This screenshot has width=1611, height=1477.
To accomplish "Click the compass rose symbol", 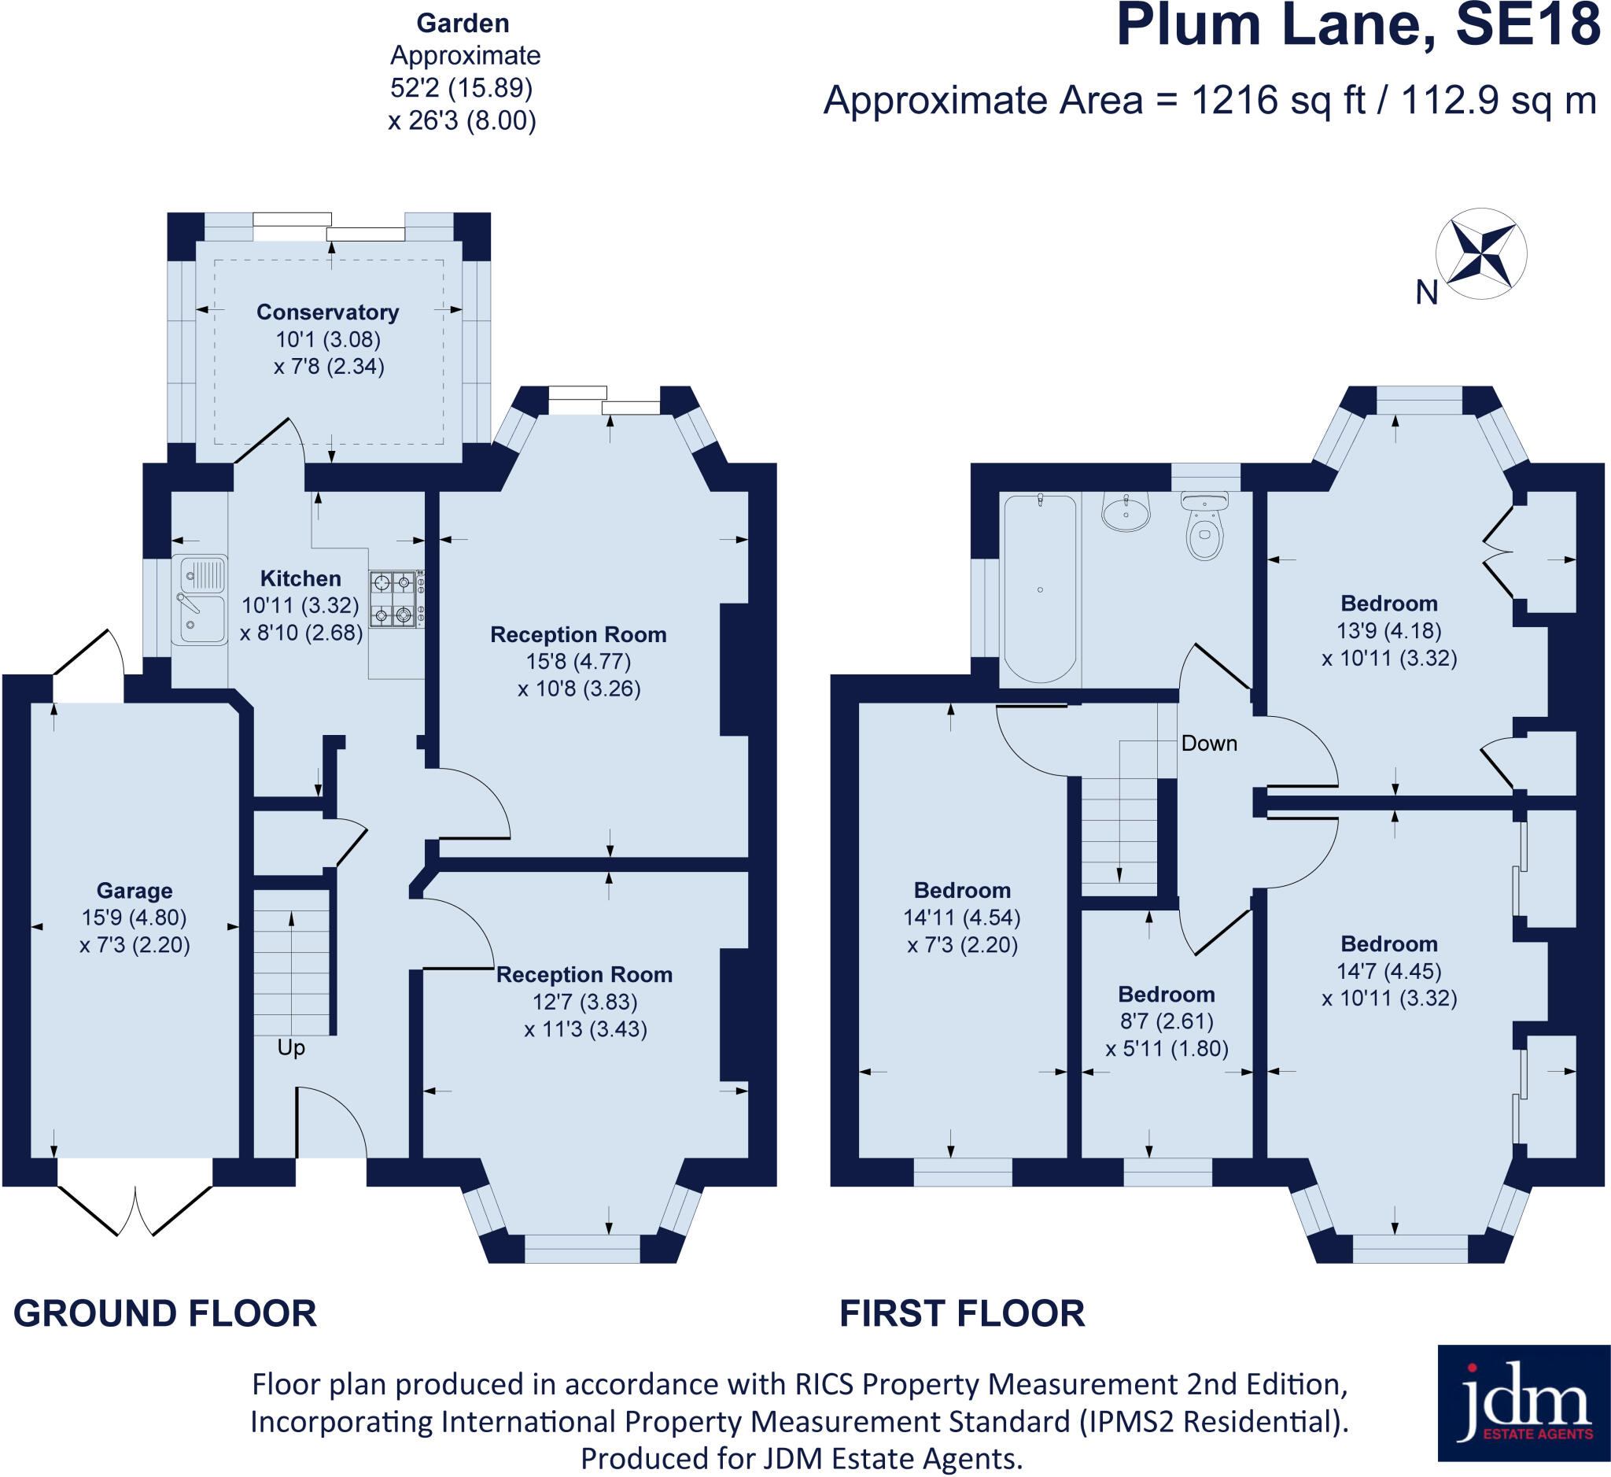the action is (1480, 254).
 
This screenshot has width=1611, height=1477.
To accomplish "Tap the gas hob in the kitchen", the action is (396, 599).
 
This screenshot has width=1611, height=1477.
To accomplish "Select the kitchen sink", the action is (200, 600).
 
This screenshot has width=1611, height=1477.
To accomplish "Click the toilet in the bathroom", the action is (1205, 526).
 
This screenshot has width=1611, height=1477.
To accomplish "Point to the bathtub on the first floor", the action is (1040, 589).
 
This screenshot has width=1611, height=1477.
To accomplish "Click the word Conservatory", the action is (328, 312).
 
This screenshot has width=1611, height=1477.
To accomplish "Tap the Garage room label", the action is (135, 891).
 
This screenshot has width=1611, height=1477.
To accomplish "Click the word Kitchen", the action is (300, 578).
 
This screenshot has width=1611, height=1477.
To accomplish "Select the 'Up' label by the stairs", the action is (291, 1048).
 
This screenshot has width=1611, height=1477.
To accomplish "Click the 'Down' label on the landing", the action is (1209, 744).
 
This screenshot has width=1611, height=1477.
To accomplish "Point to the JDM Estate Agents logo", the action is (1523, 1414).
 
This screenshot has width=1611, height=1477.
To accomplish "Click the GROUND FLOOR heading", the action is (165, 1314).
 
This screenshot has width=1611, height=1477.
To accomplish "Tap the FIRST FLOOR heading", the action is (962, 1314).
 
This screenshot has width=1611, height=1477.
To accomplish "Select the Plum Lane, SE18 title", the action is (1358, 27).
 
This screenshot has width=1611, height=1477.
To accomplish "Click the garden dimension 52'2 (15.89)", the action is (461, 88).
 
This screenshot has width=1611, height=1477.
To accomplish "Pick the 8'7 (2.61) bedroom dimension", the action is (1166, 1021).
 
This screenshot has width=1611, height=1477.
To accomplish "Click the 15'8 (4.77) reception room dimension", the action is (578, 662).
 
